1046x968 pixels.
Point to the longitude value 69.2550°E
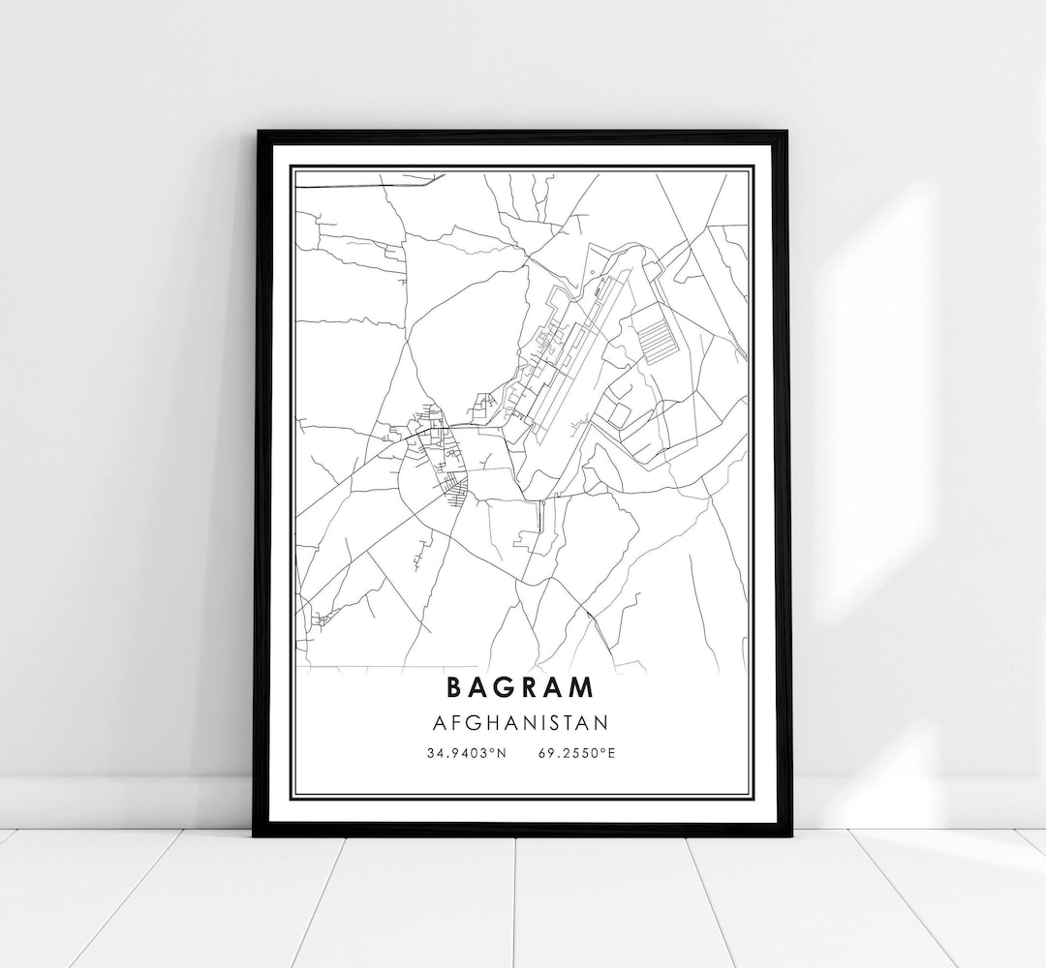[573, 752]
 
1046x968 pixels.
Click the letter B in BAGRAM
[454, 687]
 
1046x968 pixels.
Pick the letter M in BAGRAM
[582, 687]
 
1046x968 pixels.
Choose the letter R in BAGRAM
[529, 687]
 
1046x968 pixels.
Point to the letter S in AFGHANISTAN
[559, 722]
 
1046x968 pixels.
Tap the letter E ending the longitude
[611, 752]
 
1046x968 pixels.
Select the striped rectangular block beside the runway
[658, 339]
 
